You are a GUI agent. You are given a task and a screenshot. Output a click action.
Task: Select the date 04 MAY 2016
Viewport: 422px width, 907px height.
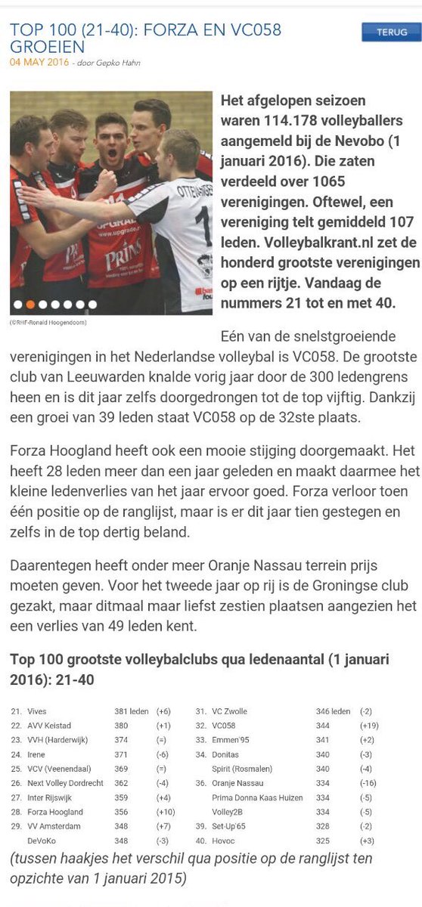[x=38, y=63]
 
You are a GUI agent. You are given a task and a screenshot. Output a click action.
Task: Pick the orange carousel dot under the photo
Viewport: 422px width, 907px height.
[x=30, y=305]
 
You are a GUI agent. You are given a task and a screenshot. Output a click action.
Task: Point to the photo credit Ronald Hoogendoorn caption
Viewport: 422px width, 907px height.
[x=48, y=322]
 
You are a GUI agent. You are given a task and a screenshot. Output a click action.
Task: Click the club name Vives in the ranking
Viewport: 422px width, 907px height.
[x=37, y=711]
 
